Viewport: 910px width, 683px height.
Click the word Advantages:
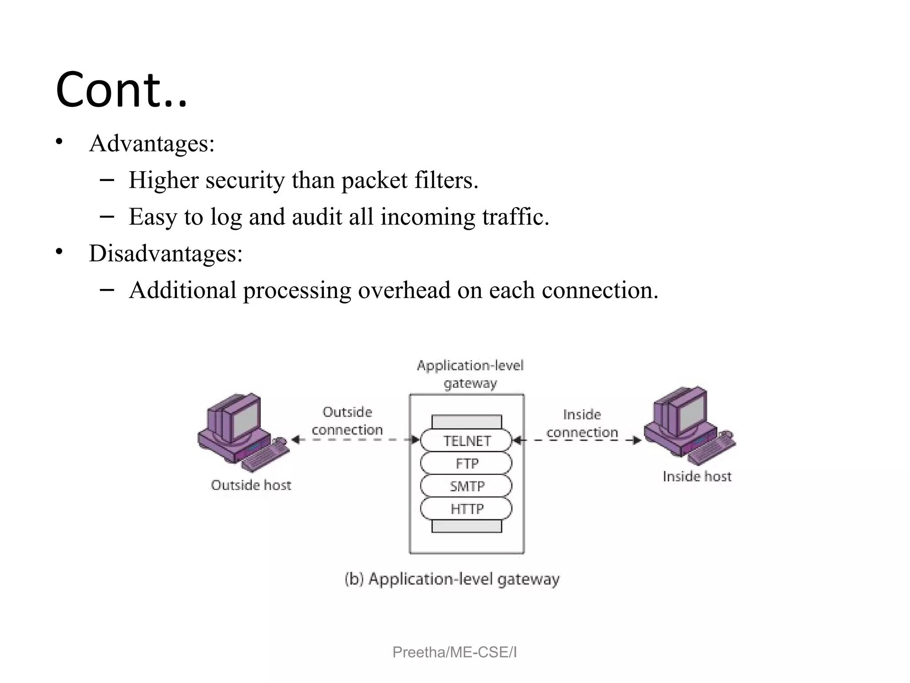[x=152, y=144]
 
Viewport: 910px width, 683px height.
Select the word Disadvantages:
[x=166, y=253]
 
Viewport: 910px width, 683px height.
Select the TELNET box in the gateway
[x=467, y=441]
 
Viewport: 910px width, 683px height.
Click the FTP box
[x=467, y=463]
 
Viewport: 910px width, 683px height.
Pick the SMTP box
[x=467, y=486]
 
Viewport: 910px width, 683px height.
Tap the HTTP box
[x=467, y=509]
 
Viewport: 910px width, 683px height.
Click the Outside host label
[x=251, y=485]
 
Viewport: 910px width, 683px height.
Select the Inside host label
[x=697, y=477]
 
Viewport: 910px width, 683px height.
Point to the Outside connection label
[x=347, y=421]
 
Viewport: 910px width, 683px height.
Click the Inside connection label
[x=582, y=423]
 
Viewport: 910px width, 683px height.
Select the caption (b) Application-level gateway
[x=452, y=579]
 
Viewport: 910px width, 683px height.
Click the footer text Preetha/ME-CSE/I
[x=455, y=652]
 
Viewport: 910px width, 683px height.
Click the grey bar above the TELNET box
[x=467, y=422]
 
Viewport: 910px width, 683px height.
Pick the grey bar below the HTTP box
[x=467, y=526]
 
